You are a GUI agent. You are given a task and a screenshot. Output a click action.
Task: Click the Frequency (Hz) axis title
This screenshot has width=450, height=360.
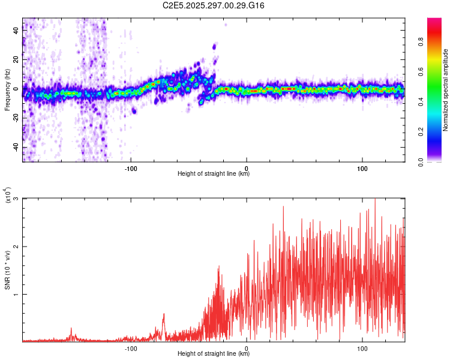[7, 89]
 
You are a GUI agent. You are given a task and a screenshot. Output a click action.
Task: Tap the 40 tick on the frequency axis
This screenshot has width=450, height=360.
[16, 31]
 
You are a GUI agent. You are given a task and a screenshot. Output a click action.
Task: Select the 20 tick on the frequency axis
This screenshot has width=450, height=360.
[16, 60]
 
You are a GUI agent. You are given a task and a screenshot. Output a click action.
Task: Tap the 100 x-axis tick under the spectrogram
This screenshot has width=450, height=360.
[362, 168]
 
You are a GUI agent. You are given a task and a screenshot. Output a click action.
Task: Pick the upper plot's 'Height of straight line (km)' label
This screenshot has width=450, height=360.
[214, 174]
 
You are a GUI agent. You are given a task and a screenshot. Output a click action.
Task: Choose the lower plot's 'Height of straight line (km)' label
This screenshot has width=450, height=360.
[214, 353]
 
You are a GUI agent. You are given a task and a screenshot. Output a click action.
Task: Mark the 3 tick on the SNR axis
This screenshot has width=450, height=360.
[16, 199]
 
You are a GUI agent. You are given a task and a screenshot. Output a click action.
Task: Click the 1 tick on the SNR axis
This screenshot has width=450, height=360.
[16, 294]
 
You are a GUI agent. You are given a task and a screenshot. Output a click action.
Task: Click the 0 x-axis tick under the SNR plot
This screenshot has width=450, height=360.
[247, 347]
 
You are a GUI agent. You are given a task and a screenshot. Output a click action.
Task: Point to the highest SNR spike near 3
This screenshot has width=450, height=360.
[375, 200]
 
